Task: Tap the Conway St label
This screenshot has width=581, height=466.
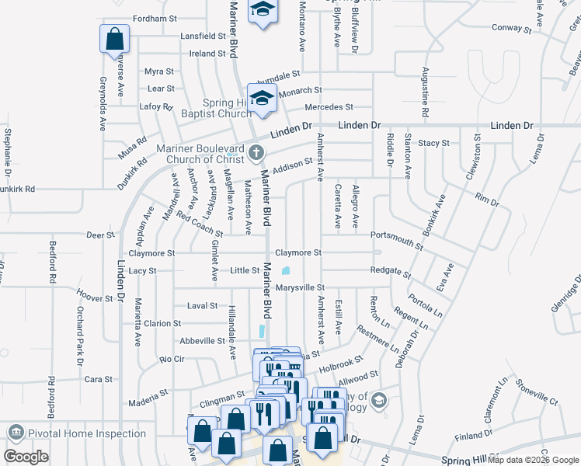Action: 511,30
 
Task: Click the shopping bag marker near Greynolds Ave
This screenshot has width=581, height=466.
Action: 114,39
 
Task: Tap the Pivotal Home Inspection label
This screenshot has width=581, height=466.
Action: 86,434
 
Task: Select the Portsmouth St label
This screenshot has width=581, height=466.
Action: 396,239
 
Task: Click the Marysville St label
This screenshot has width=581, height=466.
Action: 298,288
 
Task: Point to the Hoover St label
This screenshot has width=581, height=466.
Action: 96,297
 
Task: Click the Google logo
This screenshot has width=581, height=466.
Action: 26,457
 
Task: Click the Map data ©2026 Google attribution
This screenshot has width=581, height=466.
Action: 533,460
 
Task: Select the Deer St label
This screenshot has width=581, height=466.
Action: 100,235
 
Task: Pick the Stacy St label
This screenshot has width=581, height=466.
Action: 433,143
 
